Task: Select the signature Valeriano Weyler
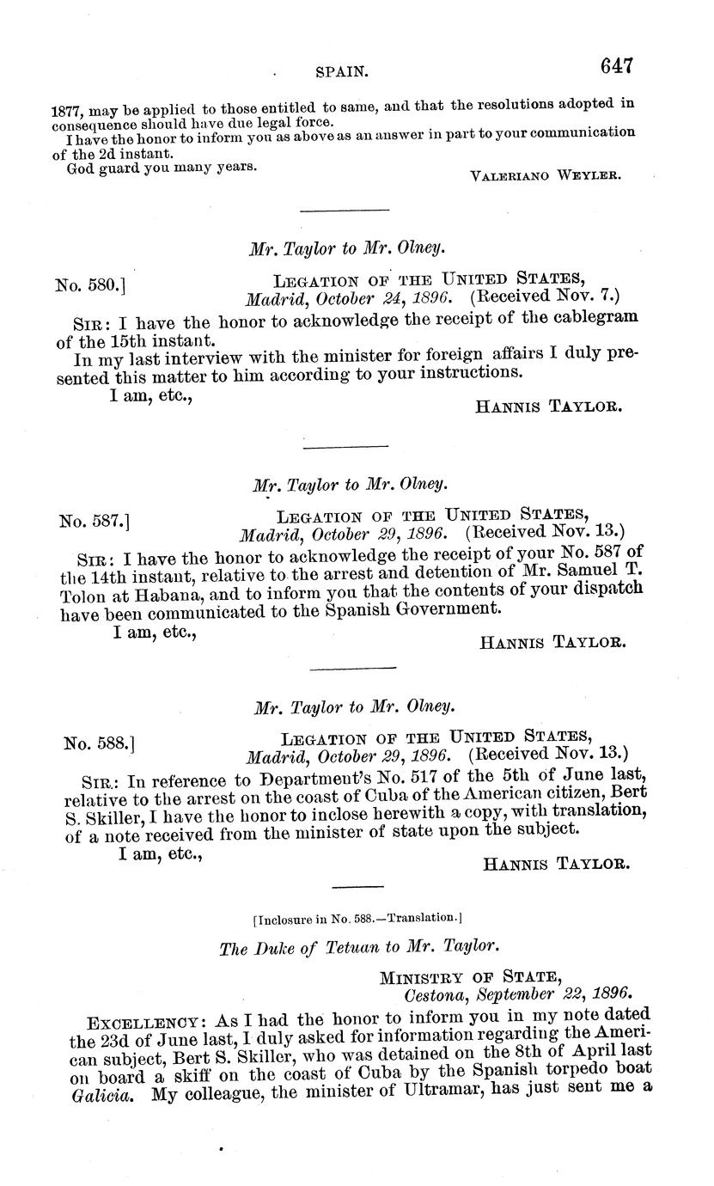click(x=546, y=175)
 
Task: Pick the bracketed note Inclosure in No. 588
click(x=358, y=918)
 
